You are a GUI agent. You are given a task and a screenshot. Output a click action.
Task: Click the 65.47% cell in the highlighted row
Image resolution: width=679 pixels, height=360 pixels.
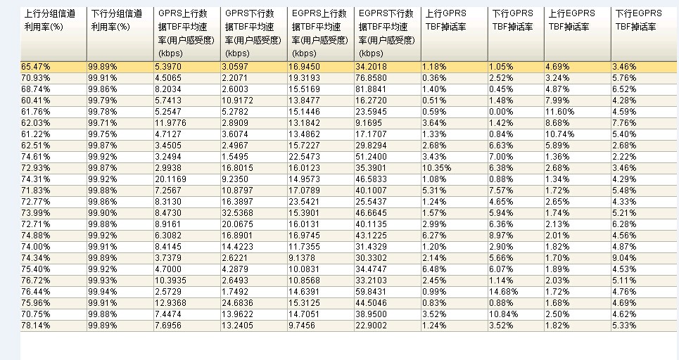point(36,67)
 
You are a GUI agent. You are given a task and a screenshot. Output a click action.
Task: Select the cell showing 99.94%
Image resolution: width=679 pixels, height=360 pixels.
point(103,292)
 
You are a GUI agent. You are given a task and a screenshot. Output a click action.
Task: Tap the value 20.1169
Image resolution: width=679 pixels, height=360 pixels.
point(170,179)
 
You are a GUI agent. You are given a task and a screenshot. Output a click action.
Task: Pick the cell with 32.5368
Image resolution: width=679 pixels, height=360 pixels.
point(237,213)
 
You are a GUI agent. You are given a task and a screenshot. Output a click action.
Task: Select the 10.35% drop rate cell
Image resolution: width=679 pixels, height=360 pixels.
point(436,168)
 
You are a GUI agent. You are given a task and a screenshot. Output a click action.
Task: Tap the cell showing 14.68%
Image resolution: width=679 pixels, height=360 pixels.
point(504,292)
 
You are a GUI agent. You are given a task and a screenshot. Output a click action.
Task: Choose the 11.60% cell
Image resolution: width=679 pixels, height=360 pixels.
point(560,112)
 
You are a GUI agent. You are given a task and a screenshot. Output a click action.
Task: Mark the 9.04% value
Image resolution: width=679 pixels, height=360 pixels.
point(624,258)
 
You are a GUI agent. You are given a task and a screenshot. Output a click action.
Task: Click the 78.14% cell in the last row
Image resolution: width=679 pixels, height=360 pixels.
point(36,326)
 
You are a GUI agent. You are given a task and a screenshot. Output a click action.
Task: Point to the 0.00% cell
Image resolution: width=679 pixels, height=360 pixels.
point(502,112)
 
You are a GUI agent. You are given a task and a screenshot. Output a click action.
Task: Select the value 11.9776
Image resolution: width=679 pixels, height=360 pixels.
point(170,123)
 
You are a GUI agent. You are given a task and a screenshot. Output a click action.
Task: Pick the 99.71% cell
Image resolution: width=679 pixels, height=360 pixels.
point(103,123)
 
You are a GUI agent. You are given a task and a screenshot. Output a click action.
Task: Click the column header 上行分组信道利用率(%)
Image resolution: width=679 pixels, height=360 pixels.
point(50,20)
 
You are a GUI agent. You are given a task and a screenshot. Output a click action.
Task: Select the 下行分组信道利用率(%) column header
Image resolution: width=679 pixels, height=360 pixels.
point(117,20)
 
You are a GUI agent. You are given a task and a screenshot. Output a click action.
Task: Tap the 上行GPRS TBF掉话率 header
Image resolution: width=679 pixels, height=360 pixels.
point(446,20)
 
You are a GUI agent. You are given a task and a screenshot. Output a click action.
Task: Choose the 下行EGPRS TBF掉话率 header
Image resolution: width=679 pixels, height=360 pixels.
point(639,20)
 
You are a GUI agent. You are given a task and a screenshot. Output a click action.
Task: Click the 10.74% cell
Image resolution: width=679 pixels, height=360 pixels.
point(560,134)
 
